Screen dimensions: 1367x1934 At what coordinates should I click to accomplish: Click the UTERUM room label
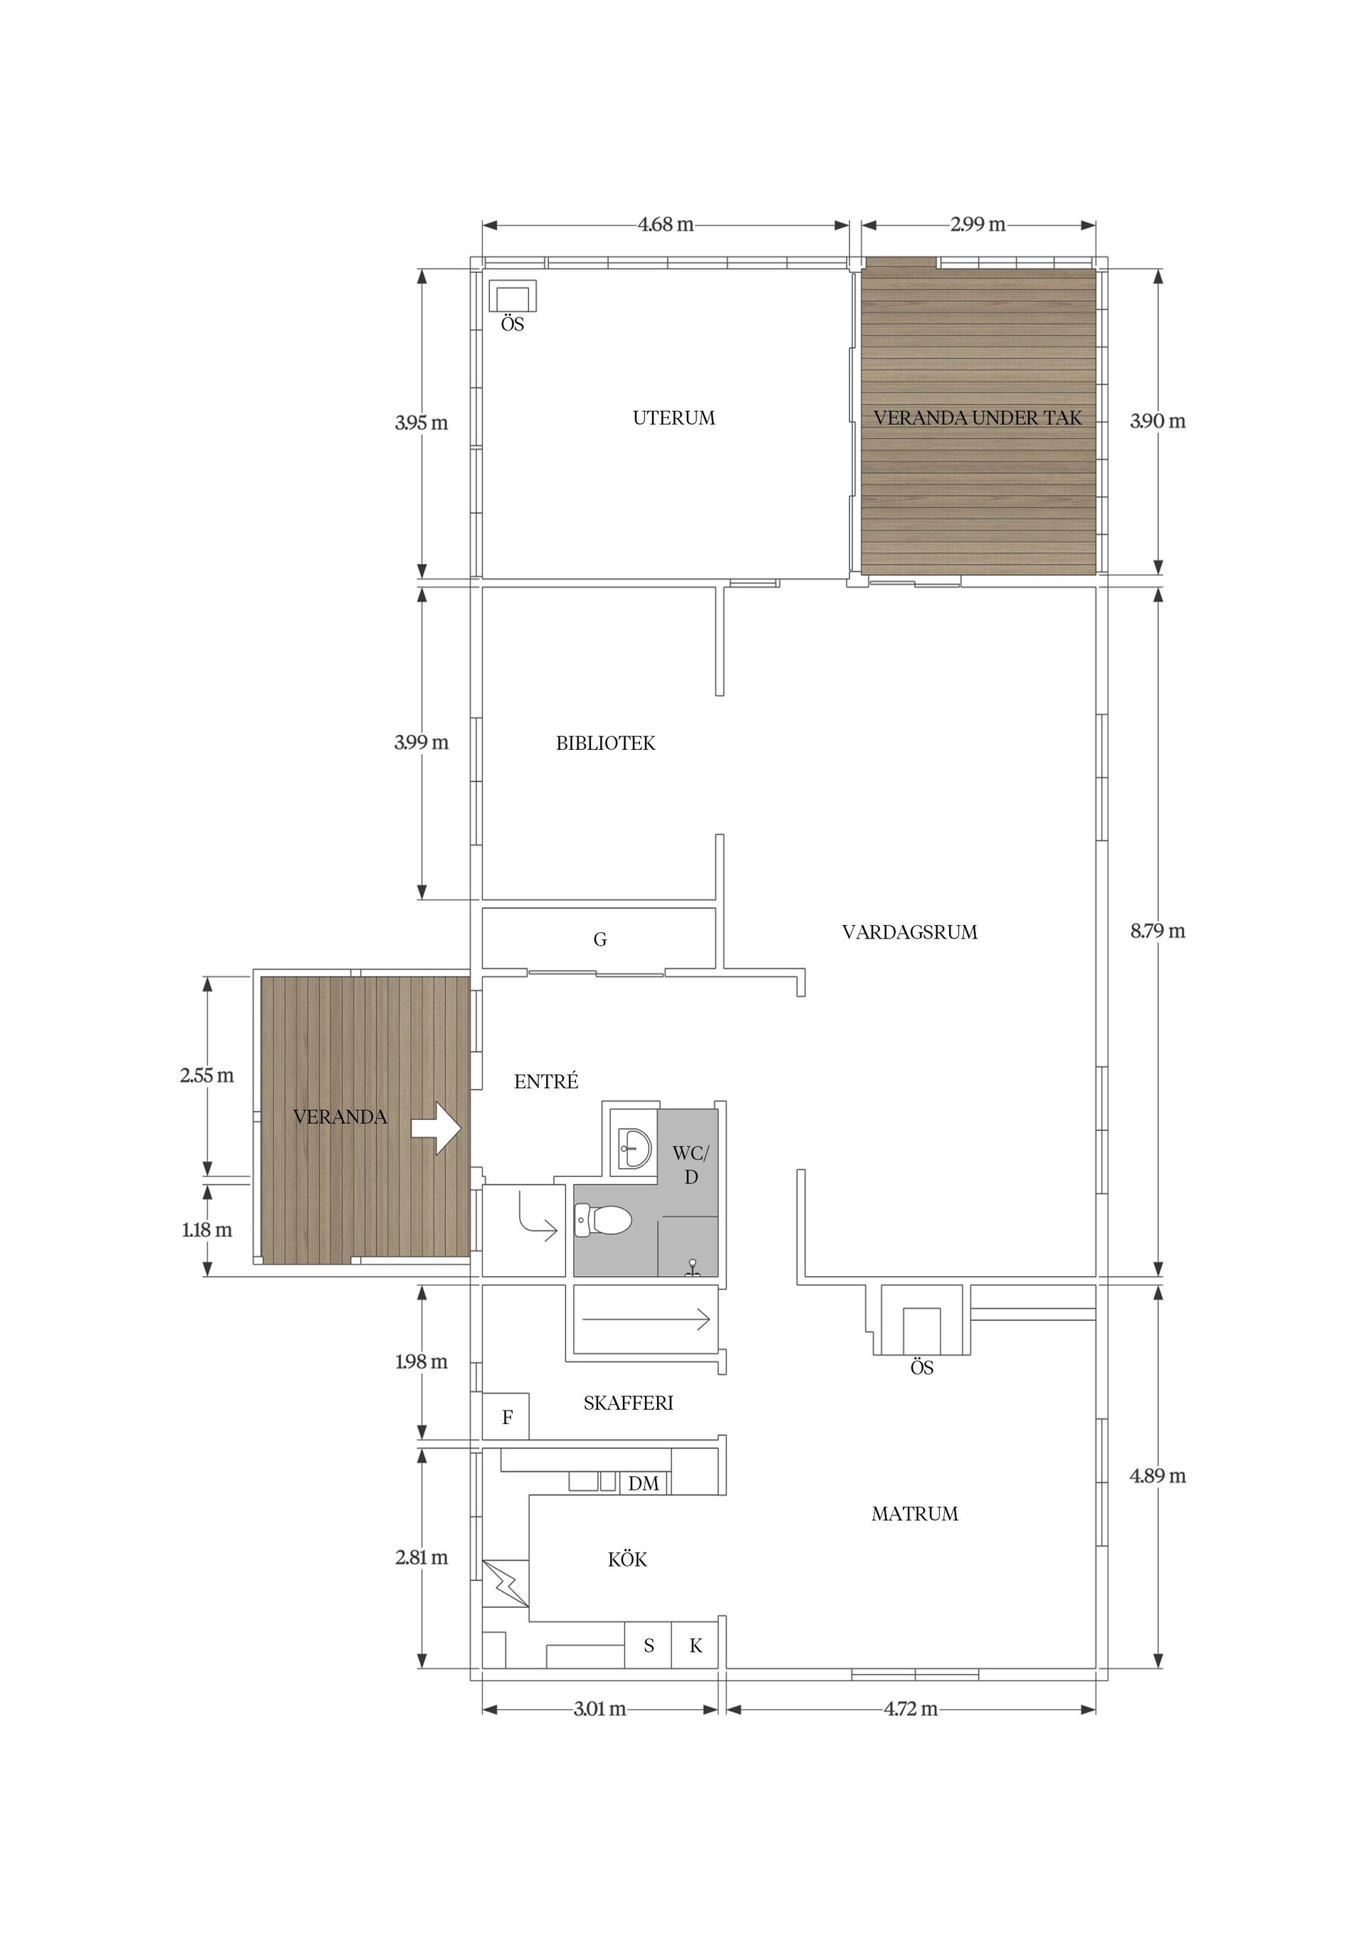tap(674, 418)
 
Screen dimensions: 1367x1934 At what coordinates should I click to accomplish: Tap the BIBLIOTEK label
tap(606, 743)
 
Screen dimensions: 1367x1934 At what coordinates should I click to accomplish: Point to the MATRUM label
tap(915, 1514)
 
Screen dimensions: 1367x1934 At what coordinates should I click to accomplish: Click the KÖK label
tap(627, 1559)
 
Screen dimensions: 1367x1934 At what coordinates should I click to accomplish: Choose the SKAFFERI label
tap(629, 1403)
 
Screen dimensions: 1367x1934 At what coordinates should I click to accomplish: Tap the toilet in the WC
tap(603, 1220)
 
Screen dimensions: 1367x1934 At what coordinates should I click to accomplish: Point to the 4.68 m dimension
tap(666, 225)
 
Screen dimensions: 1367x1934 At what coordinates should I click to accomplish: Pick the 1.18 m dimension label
tap(207, 1230)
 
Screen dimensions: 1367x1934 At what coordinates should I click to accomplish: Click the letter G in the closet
tap(599, 939)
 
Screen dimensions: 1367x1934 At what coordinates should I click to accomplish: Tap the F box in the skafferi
tap(506, 1417)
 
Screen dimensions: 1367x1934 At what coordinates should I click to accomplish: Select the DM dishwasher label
tap(644, 1483)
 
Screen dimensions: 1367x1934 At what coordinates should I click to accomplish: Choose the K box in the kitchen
tap(695, 1645)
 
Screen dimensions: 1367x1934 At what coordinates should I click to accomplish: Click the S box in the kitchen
tap(649, 1645)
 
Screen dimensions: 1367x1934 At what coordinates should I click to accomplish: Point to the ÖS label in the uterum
tap(512, 323)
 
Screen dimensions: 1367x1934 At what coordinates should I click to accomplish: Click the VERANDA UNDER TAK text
tap(977, 418)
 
